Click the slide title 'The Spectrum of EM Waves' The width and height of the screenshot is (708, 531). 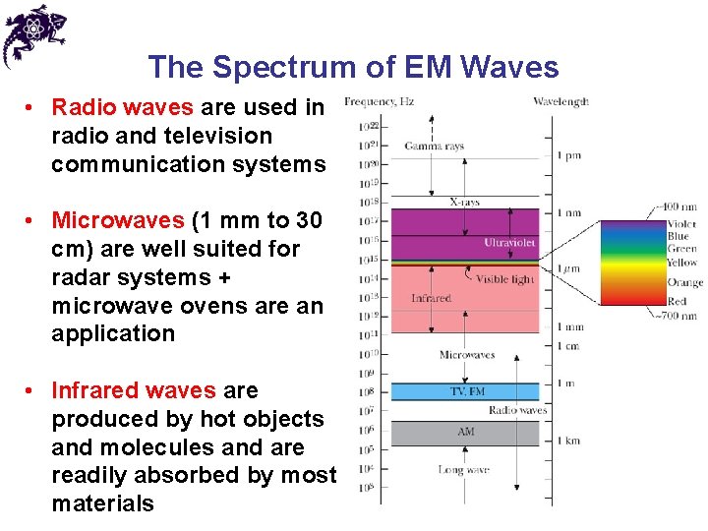353,67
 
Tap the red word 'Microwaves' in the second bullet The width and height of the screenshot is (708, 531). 117,220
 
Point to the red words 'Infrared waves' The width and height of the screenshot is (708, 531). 133,390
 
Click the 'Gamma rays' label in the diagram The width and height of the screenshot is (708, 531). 434,147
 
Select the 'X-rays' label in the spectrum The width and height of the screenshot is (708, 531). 464,202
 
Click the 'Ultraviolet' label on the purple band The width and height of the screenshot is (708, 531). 508,242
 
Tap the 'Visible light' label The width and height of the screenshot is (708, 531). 504,279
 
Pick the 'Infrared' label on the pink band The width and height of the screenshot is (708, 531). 431,298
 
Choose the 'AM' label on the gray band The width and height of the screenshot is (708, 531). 465,432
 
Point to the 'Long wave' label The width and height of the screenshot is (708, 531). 464,470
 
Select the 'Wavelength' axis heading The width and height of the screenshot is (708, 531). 560,101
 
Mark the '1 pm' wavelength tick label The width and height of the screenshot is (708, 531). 568,155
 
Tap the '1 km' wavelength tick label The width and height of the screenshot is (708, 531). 568,442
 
